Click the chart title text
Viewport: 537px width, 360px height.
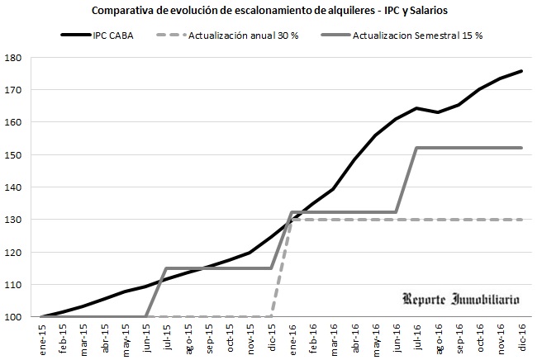[x=269, y=11]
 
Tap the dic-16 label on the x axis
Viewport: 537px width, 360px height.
[x=522, y=338]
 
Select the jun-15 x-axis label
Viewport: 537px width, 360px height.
[x=147, y=338]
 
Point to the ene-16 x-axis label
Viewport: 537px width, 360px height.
[x=293, y=338]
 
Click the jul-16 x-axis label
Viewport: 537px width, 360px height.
[x=418, y=338]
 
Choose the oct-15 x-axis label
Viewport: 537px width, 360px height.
[x=230, y=338]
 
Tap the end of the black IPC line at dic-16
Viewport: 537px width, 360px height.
[x=521, y=71]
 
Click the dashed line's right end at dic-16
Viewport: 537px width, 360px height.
[x=521, y=220]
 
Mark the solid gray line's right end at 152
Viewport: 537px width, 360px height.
[x=521, y=148]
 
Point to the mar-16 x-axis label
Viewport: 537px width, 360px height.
[x=335, y=338]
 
